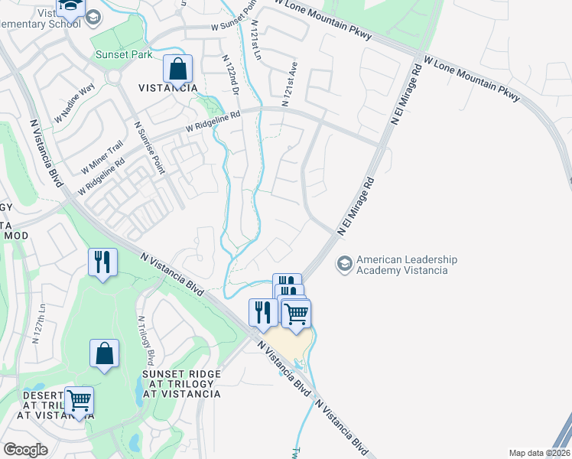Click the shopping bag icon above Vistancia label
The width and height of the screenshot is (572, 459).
point(177,70)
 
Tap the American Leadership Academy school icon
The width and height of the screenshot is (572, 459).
point(345,264)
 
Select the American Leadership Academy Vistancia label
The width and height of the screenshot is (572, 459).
point(407,265)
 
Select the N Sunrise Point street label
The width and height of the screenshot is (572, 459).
point(149,147)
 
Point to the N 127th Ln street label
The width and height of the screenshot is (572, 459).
point(38,324)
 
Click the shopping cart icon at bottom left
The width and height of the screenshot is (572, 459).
point(79,400)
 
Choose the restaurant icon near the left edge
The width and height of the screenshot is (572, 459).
point(102,262)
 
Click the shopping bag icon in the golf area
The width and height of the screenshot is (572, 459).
point(104,353)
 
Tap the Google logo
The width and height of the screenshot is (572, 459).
point(25,450)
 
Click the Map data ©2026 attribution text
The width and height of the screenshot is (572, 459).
point(539,453)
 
